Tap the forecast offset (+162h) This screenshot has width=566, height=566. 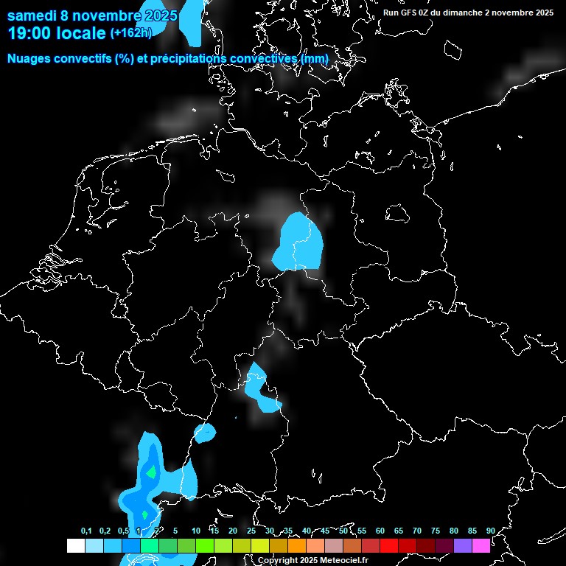[130, 32]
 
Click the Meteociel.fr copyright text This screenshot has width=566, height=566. [312, 560]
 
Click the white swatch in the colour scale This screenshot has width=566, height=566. [75, 545]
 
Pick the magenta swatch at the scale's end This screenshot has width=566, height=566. [481, 545]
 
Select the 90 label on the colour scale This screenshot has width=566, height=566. [490, 531]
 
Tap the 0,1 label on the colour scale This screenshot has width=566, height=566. [86, 531]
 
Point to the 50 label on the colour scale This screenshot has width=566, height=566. [343, 531]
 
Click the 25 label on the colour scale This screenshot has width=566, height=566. [251, 531]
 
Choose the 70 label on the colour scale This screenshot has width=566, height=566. [417, 531]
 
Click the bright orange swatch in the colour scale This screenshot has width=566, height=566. [297, 545]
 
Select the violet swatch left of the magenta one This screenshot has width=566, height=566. [463, 545]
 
